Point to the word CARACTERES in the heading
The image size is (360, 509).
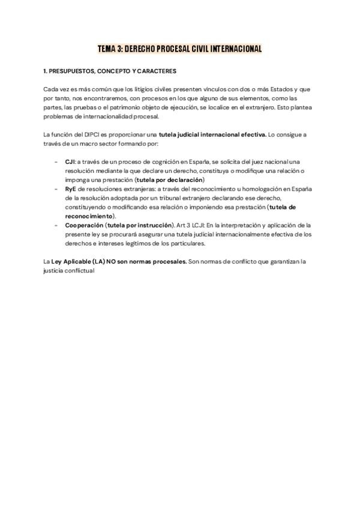(156, 71)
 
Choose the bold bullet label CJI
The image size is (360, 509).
(70, 162)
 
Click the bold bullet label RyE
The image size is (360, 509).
(70, 189)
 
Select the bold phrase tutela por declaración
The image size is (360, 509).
(170, 180)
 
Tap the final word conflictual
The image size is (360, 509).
(78, 271)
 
